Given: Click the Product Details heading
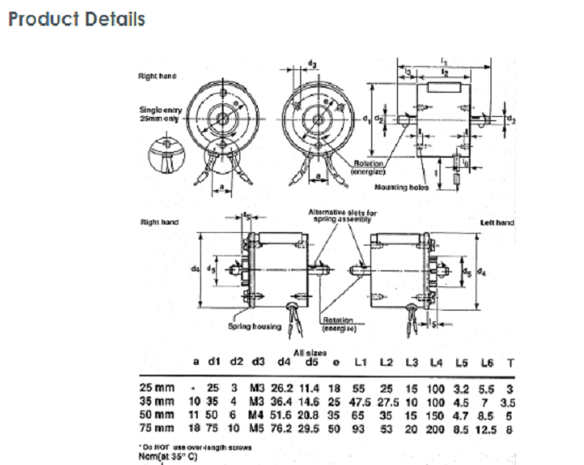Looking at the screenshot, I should coord(76,18).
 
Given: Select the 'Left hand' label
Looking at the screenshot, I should coord(497,223).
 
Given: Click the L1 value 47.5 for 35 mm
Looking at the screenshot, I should coord(360,402).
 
